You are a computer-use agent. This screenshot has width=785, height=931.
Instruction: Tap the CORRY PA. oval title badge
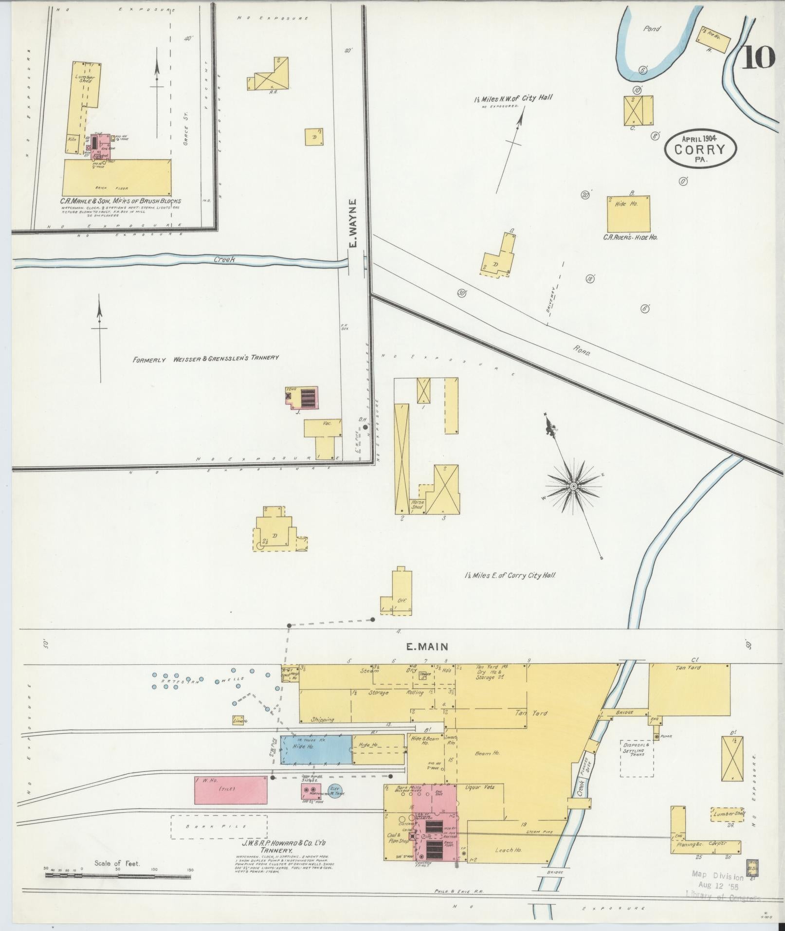[x=700, y=150]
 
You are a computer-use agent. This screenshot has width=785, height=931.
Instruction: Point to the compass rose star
[x=573, y=486]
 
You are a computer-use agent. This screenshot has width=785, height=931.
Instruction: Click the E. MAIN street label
[x=427, y=646]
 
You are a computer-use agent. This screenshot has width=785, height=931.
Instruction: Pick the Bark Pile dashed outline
[x=219, y=827]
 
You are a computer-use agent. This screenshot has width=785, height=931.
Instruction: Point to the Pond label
[x=652, y=29]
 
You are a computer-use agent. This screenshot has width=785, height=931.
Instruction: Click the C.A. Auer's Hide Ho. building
[x=628, y=214]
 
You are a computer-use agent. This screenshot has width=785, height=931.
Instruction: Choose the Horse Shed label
[x=417, y=504]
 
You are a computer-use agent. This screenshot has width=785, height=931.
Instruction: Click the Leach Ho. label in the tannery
[x=508, y=850]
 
